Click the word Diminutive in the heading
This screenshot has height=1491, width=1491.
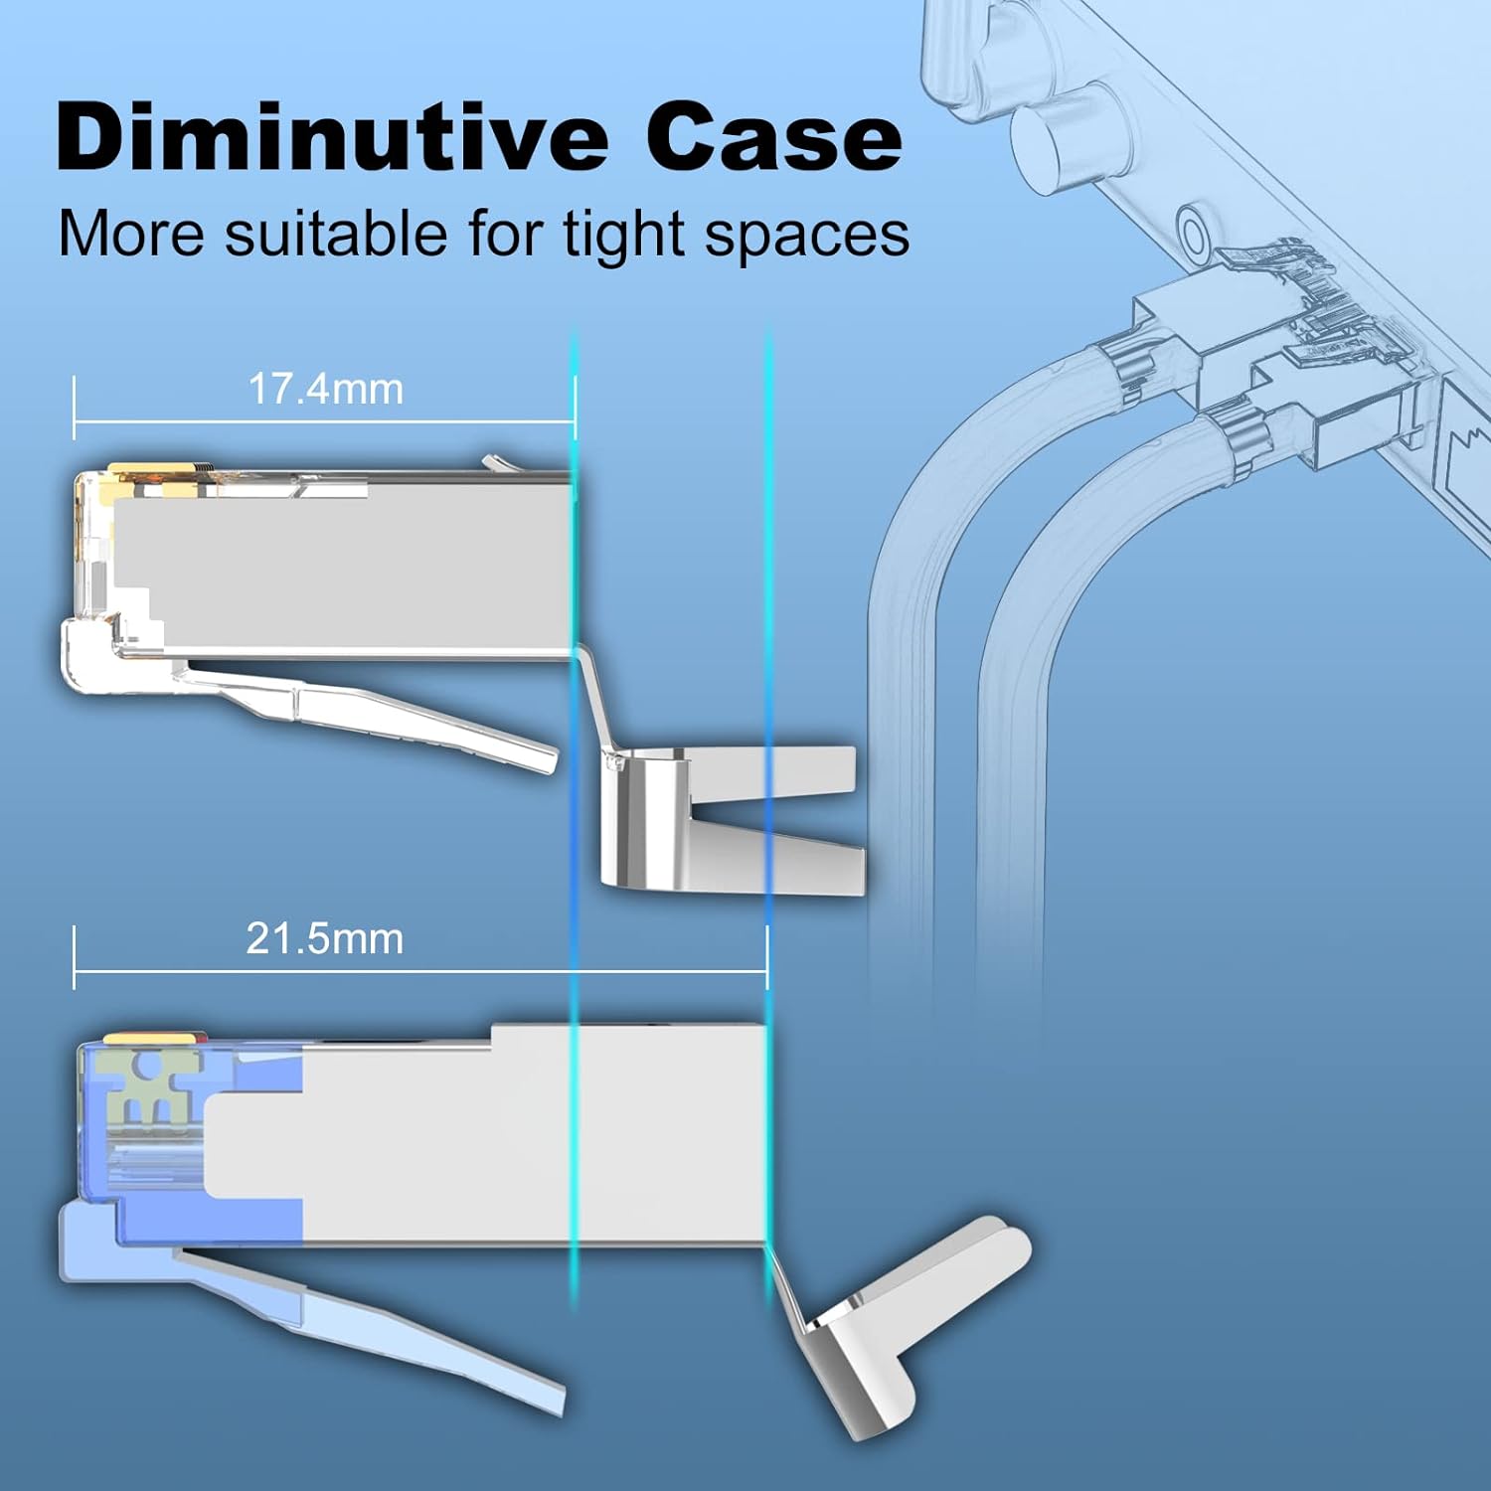(332, 136)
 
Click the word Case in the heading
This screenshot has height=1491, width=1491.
(774, 137)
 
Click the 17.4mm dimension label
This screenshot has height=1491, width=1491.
(326, 389)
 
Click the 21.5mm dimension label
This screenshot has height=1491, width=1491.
(325, 939)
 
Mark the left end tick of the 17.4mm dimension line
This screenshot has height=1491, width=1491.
(75, 408)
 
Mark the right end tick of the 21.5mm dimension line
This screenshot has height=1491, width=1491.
(767, 957)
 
